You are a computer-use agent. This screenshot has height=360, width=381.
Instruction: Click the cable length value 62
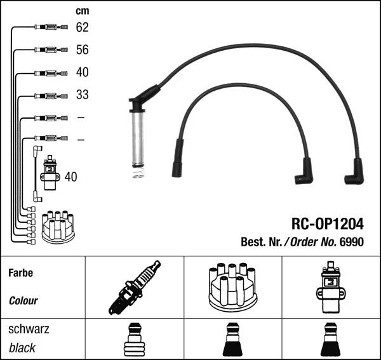point(82,27)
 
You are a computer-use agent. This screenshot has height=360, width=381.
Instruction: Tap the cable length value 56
point(82,50)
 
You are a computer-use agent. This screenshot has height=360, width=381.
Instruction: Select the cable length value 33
point(82,95)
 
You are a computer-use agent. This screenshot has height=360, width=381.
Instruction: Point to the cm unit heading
point(82,11)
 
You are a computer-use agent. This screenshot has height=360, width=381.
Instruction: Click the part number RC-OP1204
point(328,223)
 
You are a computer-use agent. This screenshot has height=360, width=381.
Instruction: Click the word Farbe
point(20,273)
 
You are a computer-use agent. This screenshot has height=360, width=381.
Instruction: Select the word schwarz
point(28,330)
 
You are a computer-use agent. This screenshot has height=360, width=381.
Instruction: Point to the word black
point(22,348)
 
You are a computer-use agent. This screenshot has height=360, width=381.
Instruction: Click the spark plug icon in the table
point(134,288)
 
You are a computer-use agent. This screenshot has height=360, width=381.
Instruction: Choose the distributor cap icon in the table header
point(232,287)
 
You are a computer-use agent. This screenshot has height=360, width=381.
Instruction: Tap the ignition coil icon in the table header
point(331,287)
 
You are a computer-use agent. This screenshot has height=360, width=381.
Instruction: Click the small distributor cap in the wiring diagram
point(57,227)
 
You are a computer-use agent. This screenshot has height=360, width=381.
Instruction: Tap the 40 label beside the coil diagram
point(70,177)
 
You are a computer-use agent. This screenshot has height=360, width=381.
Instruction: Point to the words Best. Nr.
point(260,241)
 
